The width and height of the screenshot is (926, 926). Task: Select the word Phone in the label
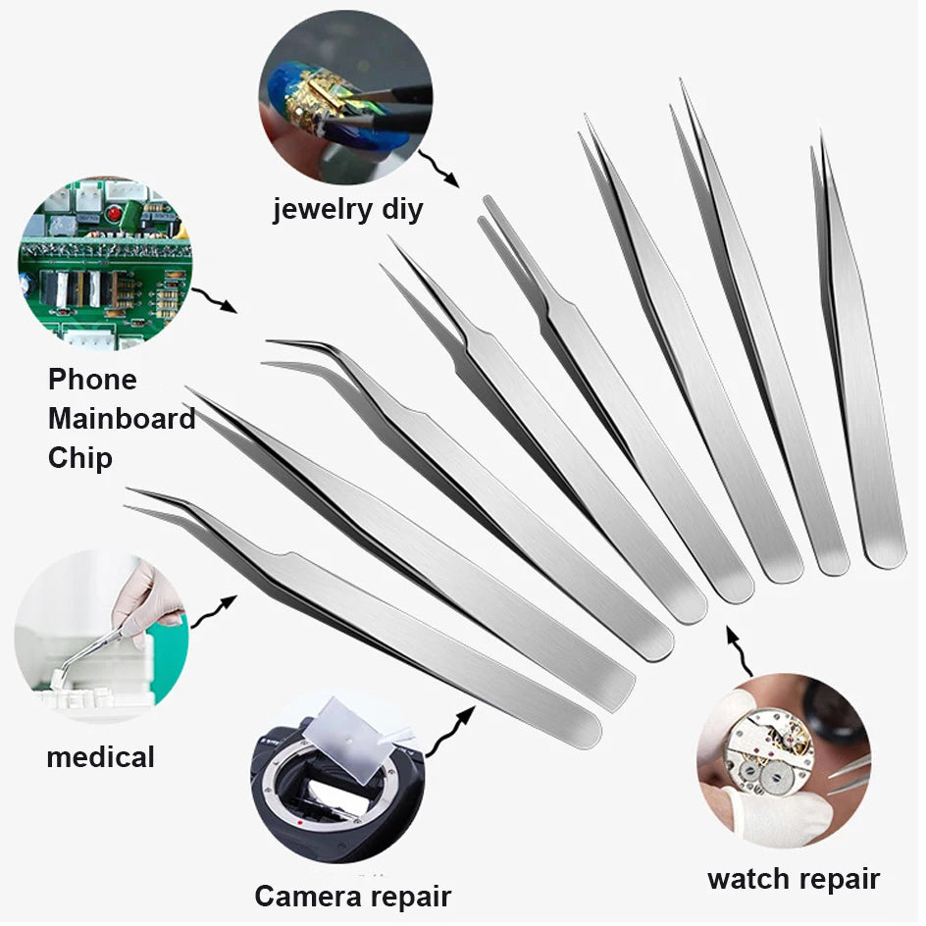(92, 380)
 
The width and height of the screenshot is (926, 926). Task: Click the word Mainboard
(122, 419)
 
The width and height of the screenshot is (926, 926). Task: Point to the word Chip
(80, 458)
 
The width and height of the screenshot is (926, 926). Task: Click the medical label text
(100, 756)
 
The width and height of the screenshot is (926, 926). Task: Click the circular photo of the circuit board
(105, 263)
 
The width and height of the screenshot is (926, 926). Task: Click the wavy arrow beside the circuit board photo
(215, 299)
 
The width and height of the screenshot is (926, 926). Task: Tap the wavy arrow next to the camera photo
(449, 727)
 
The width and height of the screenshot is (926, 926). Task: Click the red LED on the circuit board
(115, 214)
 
